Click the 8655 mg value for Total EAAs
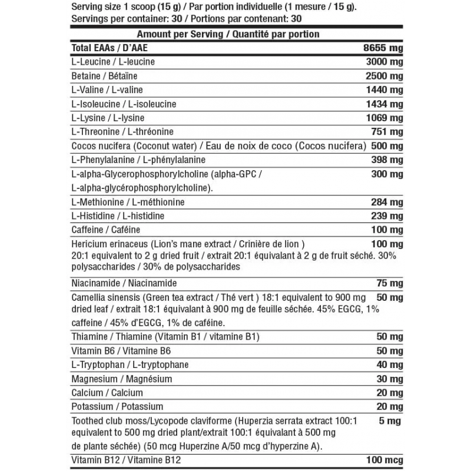click(383, 48)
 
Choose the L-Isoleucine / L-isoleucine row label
click(123, 104)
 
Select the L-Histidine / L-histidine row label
click(117, 216)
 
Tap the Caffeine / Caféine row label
click(105, 230)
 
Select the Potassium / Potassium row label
click(117, 407)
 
